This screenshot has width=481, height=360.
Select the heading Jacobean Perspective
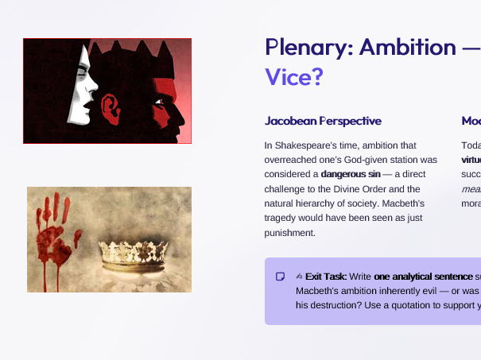[x=323, y=122]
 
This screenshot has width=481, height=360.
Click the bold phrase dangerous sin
[x=351, y=174]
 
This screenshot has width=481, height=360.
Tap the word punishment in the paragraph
[x=289, y=233]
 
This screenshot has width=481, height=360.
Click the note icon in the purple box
[x=280, y=277]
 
